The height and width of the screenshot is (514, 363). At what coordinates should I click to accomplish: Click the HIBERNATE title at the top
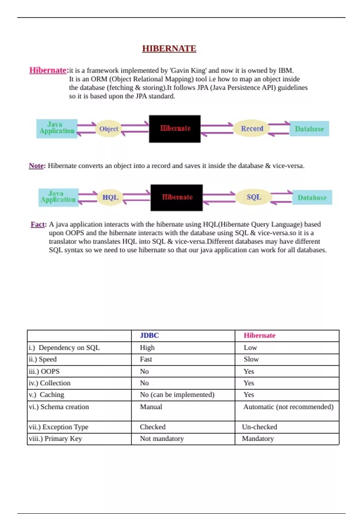click(169, 48)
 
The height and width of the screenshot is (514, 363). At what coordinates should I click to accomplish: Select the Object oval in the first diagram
click(109, 129)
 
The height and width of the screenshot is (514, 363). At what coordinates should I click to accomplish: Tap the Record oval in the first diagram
click(252, 128)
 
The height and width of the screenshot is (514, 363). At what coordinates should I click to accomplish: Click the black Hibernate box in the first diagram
click(175, 128)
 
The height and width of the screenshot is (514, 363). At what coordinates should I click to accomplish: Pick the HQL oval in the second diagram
click(110, 197)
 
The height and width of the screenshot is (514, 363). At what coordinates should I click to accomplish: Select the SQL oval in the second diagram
click(254, 197)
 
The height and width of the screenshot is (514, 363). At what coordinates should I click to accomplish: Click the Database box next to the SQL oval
click(312, 197)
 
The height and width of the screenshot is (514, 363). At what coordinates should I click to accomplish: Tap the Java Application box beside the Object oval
click(57, 128)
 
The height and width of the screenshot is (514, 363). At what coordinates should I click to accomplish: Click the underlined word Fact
click(38, 224)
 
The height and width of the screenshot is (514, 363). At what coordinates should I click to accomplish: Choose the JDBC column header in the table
click(149, 335)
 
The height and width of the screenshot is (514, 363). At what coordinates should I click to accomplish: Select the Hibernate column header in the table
click(260, 335)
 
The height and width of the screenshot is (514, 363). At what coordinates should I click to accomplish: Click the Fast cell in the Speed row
click(146, 359)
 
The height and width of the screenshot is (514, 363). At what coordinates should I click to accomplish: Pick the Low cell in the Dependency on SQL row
click(250, 348)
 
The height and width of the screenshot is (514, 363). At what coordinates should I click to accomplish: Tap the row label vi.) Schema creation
click(59, 407)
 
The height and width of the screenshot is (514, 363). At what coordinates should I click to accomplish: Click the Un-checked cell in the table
click(260, 427)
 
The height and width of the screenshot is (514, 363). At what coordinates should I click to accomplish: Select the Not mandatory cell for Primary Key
click(162, 438)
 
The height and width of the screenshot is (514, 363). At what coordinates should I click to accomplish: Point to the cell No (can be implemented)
click(177, 395)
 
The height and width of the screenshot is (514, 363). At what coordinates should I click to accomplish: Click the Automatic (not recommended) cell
click(288, 407)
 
